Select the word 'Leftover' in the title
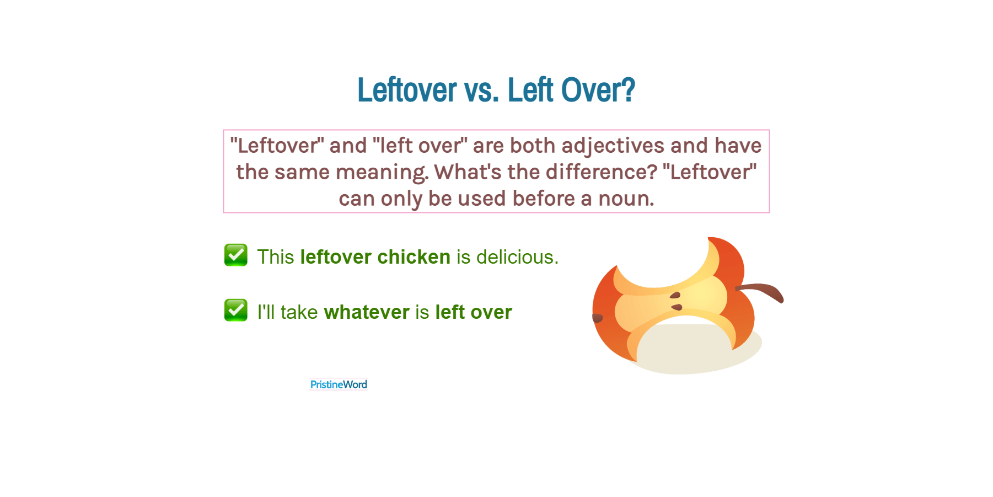click(407, 90)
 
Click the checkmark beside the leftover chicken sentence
click(236, 255)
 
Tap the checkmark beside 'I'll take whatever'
click(236, 311)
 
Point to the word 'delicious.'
click(517, 257)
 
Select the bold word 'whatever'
click(367, 312)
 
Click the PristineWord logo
click(339, 384)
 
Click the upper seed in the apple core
click(675, 296)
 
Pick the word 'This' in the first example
click(276, 257)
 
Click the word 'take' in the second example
click(299, 312)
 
